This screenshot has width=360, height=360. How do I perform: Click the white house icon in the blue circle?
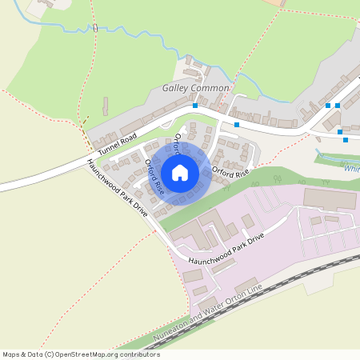[180, 172]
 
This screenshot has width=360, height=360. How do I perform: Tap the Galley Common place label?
[196, 87]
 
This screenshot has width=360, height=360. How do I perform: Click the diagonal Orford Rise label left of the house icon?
[154, 178]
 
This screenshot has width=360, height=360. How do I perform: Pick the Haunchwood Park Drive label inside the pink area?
[226, 250]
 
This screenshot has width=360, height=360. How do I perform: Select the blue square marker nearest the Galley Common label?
[195, 105]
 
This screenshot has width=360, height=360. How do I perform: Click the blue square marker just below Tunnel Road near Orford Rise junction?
[237, 124]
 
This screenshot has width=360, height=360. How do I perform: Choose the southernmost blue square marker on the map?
[346, 140]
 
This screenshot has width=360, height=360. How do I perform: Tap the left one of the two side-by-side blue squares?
[328, 105]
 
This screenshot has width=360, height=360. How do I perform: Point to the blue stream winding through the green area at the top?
[120, 31]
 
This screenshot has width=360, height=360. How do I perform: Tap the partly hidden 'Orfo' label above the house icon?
[178, 143]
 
